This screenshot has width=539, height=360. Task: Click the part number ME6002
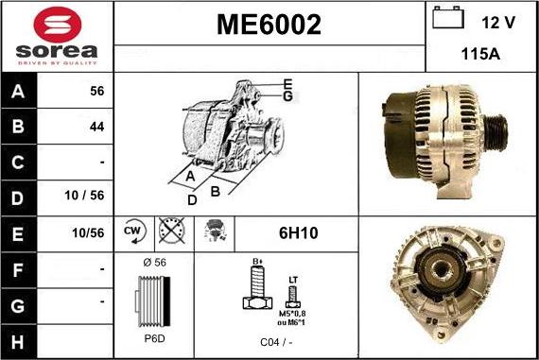pos(269,26)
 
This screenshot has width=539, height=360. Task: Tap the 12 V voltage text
pos(499,22)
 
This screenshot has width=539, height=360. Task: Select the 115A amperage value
pos(480,54)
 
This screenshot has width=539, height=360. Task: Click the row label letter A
pos(16,93)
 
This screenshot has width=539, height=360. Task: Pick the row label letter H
pos(16,339)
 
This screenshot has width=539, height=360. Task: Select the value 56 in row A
pos(96,93)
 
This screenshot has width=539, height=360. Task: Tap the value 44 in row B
pos(96,126)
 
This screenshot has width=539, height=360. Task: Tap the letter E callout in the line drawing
pos(287,83)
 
